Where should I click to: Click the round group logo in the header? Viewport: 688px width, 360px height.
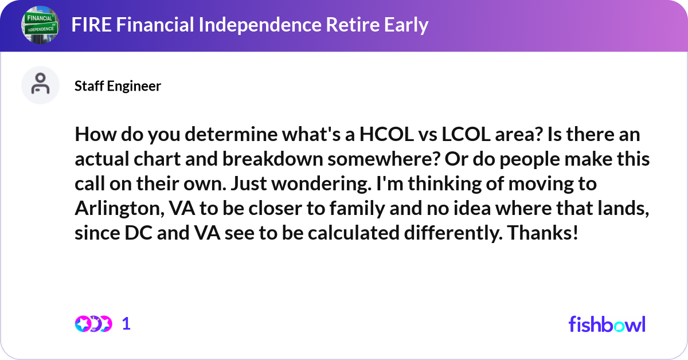pyautogui.click(x=40, y=25)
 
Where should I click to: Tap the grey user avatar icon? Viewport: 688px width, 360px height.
pyautogui.click(x=40, y=85)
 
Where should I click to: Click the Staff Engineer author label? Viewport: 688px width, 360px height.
pyautogui.click(x=118, y=86)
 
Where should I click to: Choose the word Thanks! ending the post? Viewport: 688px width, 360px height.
pyautogui.click(x=544, y=234)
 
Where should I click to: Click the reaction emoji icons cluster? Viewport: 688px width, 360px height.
pyautogui.click(x=93, y=324)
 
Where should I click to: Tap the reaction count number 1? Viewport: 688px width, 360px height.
pyautogui.click(x=126, y=324)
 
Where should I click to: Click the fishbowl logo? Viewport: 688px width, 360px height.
pyautogui.click(x=607, y=324)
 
